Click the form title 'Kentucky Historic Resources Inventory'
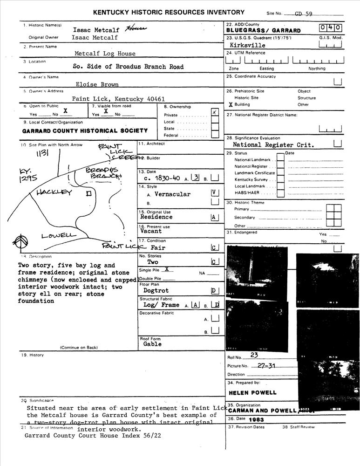pos(169,13)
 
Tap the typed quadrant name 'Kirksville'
pos(248,45)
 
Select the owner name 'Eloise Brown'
pos(97,84)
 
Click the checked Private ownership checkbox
pos(214,112)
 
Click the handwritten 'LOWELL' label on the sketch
pos(59,236)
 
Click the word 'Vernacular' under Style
pos(172,194)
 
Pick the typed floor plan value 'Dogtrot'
pos(156,290)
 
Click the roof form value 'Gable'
pos(153,344)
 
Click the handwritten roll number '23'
pos(254,355)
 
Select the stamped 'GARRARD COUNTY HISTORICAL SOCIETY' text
pos(85,131)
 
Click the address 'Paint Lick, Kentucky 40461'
pos(118,99)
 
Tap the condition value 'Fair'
pos(158,248)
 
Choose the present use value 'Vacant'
pos(151,231)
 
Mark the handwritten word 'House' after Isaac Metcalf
pos(138,28)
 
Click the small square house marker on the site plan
pos(88,193)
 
